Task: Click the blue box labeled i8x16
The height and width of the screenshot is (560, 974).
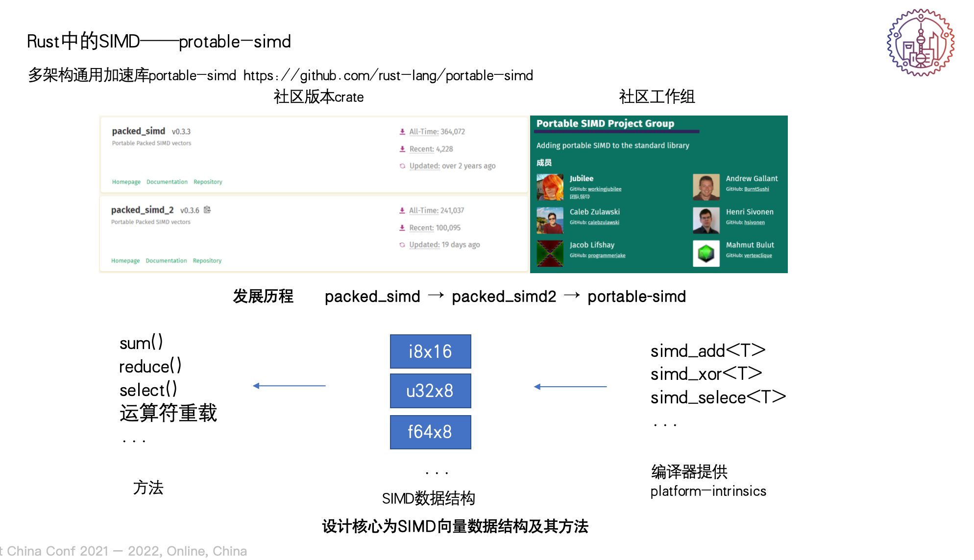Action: (x=430, y=351)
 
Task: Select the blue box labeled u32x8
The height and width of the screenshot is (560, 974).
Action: (x=430, y=391)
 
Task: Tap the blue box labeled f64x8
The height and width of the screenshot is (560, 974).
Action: (x=430, y=432)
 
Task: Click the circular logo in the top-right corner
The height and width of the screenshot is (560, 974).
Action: (x=921, y=43)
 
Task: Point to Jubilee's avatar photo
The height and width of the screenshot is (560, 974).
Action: (x=550, y=187)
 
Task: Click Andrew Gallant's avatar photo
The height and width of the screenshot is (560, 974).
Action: (x=706, y=187)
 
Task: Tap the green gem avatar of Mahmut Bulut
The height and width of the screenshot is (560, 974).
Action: (x=706, y=254)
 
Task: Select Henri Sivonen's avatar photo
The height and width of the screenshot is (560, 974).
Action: (x=706, y=220)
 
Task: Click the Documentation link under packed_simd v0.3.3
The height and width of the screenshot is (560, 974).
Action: (x=167, y=182)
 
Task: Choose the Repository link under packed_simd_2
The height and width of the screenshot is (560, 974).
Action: (x=207, y=261)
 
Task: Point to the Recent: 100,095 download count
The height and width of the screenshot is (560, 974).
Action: (x=435, y=228)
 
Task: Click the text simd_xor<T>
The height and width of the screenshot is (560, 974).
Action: (x=706, y=374)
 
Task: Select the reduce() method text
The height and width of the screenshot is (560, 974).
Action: (x=150, y=366)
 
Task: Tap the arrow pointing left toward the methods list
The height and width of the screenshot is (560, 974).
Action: (x=289, y=386)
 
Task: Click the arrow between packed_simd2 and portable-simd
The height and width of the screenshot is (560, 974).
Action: (x=572, y=295)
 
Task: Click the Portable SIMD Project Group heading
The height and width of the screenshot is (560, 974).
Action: (x=605, y=124)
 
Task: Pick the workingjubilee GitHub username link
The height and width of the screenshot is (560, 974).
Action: (x=605, y=189)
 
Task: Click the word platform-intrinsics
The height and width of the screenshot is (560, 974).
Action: (x=708, y=491)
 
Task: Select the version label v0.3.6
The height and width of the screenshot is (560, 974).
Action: (x=190, y=210)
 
